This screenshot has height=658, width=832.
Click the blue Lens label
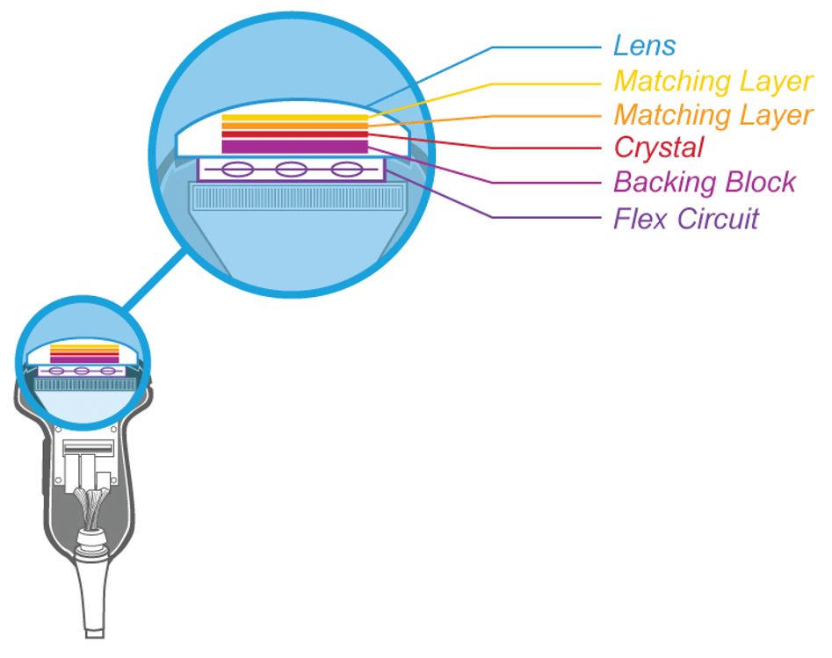coord(644,46)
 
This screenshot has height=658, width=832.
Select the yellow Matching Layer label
coord(713,81)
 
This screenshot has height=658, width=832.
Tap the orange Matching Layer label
coord(713,114)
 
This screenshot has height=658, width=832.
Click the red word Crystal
coord(659,148)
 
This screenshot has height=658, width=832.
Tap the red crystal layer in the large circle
coord(293,135)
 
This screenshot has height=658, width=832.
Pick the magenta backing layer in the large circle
coord(293,146)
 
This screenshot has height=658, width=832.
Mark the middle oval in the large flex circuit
coord(291,170)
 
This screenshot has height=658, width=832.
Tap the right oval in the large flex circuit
coord(346,170)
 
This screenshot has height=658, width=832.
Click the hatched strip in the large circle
coord(290,198)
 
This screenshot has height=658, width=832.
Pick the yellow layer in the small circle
coord(84,347)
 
